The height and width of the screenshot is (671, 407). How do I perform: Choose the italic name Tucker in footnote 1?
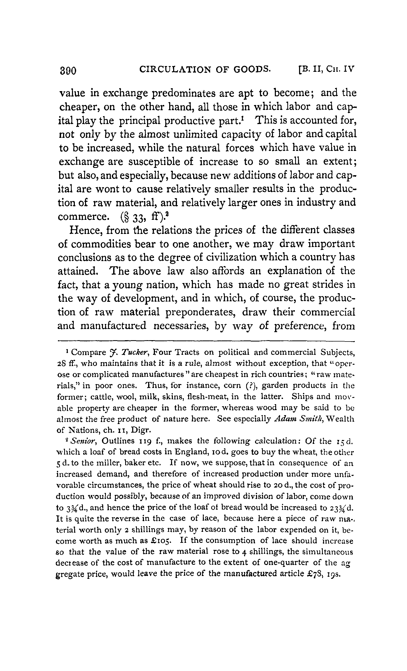pyautogui.click(x=133, y=353)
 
